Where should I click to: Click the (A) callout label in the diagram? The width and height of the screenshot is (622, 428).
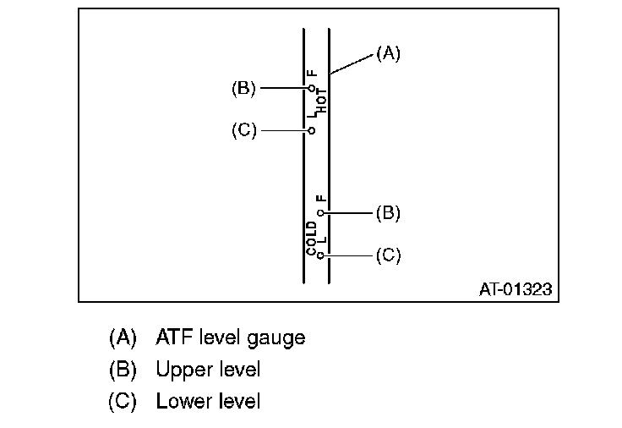tap(388, 53)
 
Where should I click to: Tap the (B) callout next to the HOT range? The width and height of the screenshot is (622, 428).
tap(243, 87)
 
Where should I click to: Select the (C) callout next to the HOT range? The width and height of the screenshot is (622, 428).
tap(243, 131)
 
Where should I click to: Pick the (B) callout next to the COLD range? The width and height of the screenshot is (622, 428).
tap(388, 213)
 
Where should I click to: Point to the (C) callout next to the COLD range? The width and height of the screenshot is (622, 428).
tap(388, 255)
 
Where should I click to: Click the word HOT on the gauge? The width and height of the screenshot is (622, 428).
tap(322, 103)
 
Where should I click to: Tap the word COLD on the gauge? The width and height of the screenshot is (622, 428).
tap(312, 238)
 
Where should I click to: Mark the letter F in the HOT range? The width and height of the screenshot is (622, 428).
tap(312, 74)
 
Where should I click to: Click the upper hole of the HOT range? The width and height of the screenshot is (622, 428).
tap(312, 88)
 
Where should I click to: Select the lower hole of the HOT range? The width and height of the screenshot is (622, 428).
tap(312, 131)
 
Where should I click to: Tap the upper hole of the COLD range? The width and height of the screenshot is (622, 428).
tap(321, 213)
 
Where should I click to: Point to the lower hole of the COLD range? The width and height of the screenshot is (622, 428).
tap(321, 255)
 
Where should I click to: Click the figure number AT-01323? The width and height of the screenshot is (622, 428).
tap(515, 289)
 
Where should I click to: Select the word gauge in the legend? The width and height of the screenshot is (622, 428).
tap(276, 338)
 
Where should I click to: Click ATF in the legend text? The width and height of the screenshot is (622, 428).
tap(173, 337)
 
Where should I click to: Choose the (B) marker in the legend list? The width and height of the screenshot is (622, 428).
tap(123, 370)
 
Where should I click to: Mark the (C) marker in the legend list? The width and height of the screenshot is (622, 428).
tap(123, 401)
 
